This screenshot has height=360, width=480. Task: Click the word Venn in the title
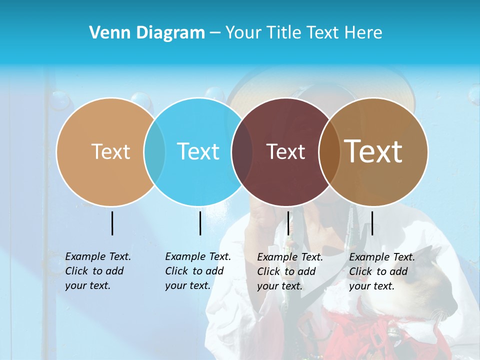106,33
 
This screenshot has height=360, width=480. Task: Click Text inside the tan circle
110,151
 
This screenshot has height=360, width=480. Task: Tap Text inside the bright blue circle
198,151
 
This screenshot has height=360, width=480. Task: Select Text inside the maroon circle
285,151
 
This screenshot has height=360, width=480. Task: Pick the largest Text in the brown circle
373,151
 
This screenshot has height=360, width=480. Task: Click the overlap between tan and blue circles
154,151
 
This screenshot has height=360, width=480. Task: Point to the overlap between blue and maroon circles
242,151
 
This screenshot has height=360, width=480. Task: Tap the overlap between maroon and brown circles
329,151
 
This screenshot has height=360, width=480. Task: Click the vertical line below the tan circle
112,223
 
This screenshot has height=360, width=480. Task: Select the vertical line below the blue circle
200,223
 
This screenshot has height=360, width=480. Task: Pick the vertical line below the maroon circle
288,223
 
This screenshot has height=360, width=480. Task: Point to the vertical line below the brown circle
372,223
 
